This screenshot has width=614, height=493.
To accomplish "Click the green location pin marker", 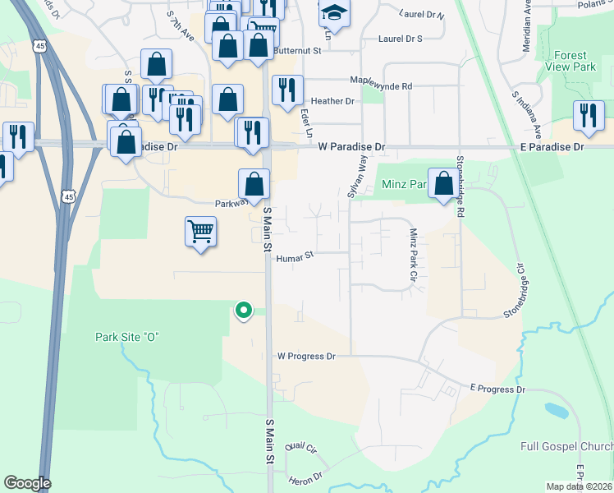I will [243, 311].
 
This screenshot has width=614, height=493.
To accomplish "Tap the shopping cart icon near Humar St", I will [200, 232].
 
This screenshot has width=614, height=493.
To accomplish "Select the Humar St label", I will [296, 257].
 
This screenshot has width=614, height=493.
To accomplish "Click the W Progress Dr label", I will [307, 357].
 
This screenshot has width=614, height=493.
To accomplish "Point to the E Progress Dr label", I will [497, 389].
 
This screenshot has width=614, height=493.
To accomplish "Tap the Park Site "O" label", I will [126, 337].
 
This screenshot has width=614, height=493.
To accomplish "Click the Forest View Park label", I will [575, 61].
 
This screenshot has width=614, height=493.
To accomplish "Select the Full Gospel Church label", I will [566, 446].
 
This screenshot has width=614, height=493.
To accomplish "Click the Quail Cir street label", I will [300, 447].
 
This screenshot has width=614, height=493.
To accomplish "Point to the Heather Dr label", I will [332, 101].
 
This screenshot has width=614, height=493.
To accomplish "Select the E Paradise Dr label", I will [552, 146].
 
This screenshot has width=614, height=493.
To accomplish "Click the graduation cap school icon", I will [334, 13].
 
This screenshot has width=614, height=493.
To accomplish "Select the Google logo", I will [27, 483].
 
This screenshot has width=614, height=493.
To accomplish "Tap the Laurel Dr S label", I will [400, 39].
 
